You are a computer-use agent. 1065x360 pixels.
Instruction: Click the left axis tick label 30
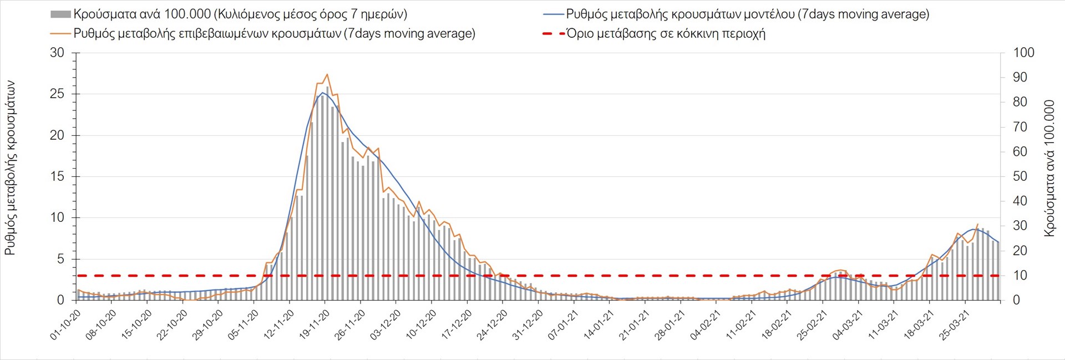pyautogui.click(x=57, y=53)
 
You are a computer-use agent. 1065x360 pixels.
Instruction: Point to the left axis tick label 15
pyautogui.click(x=57, y=177)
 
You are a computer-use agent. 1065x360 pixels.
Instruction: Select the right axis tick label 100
pyautogui.click(x=1023, y=53)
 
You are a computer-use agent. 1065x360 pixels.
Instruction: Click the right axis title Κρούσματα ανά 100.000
pyautogui.click(x=1049, y=168)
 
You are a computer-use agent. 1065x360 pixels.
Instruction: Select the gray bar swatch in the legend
pyautogui.click(x=60, y=14)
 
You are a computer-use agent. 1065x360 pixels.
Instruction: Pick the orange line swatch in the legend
pyautogui.click(x=60, y=34)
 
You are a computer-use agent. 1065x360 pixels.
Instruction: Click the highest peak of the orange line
pyautogui.click(x=327, y=74)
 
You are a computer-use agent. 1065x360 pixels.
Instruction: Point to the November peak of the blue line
pyautogui.click(x=323, y=93)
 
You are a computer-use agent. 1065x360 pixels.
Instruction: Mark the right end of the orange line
pyautogui.click(x=977, y=224)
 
